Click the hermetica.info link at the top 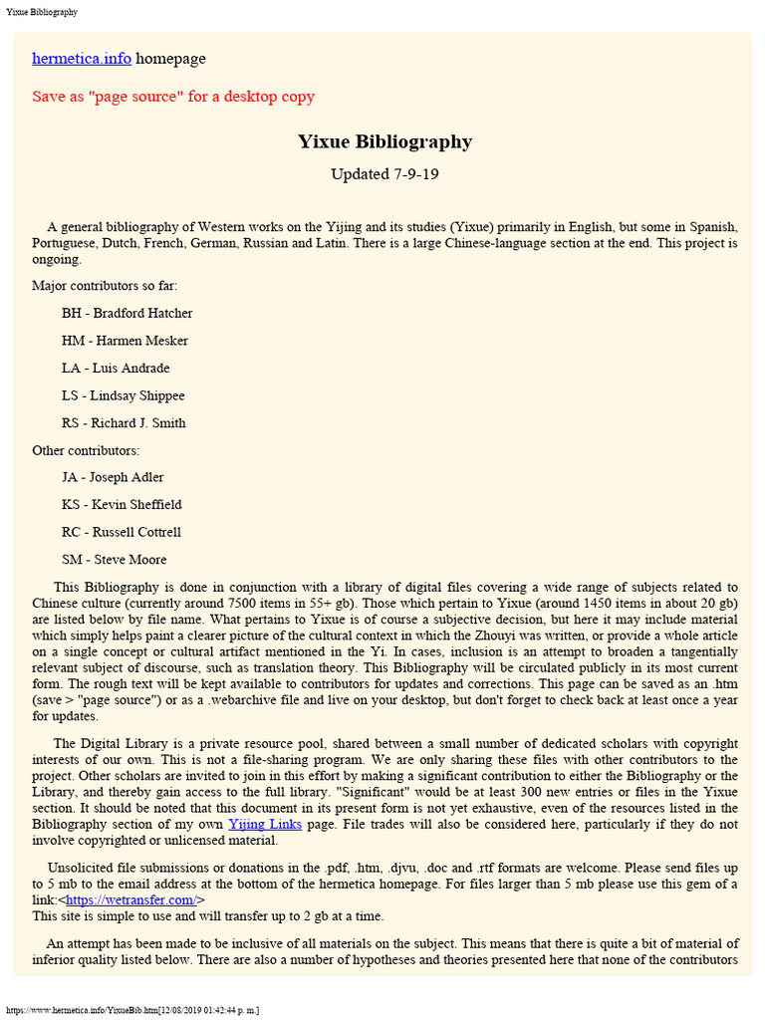[x=82, y=59]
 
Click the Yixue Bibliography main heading [x=384, y=141]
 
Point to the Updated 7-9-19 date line [x=384, y=174]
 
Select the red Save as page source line [x=173, y=97]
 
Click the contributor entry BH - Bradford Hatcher [x=127, y=313]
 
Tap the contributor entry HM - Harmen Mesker [x=125, y=341]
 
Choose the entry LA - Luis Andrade [x=116, y=368]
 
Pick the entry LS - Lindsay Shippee [x=123, y=395]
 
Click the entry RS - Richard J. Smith [x=124, y=422]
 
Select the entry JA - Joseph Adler [x=113, y=477]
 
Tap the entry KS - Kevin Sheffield [x=122, y=504]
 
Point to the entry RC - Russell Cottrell [x=122, y=532]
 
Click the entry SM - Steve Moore [x=114, y=559]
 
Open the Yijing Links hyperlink [x=265, y=824]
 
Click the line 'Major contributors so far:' [x=105, y=286]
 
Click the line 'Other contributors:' [x=86, y=450]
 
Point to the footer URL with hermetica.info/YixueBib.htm [x=132, y=1010]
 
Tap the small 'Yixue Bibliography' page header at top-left [x=42, y=12]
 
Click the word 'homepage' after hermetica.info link [x=170, y=59]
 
